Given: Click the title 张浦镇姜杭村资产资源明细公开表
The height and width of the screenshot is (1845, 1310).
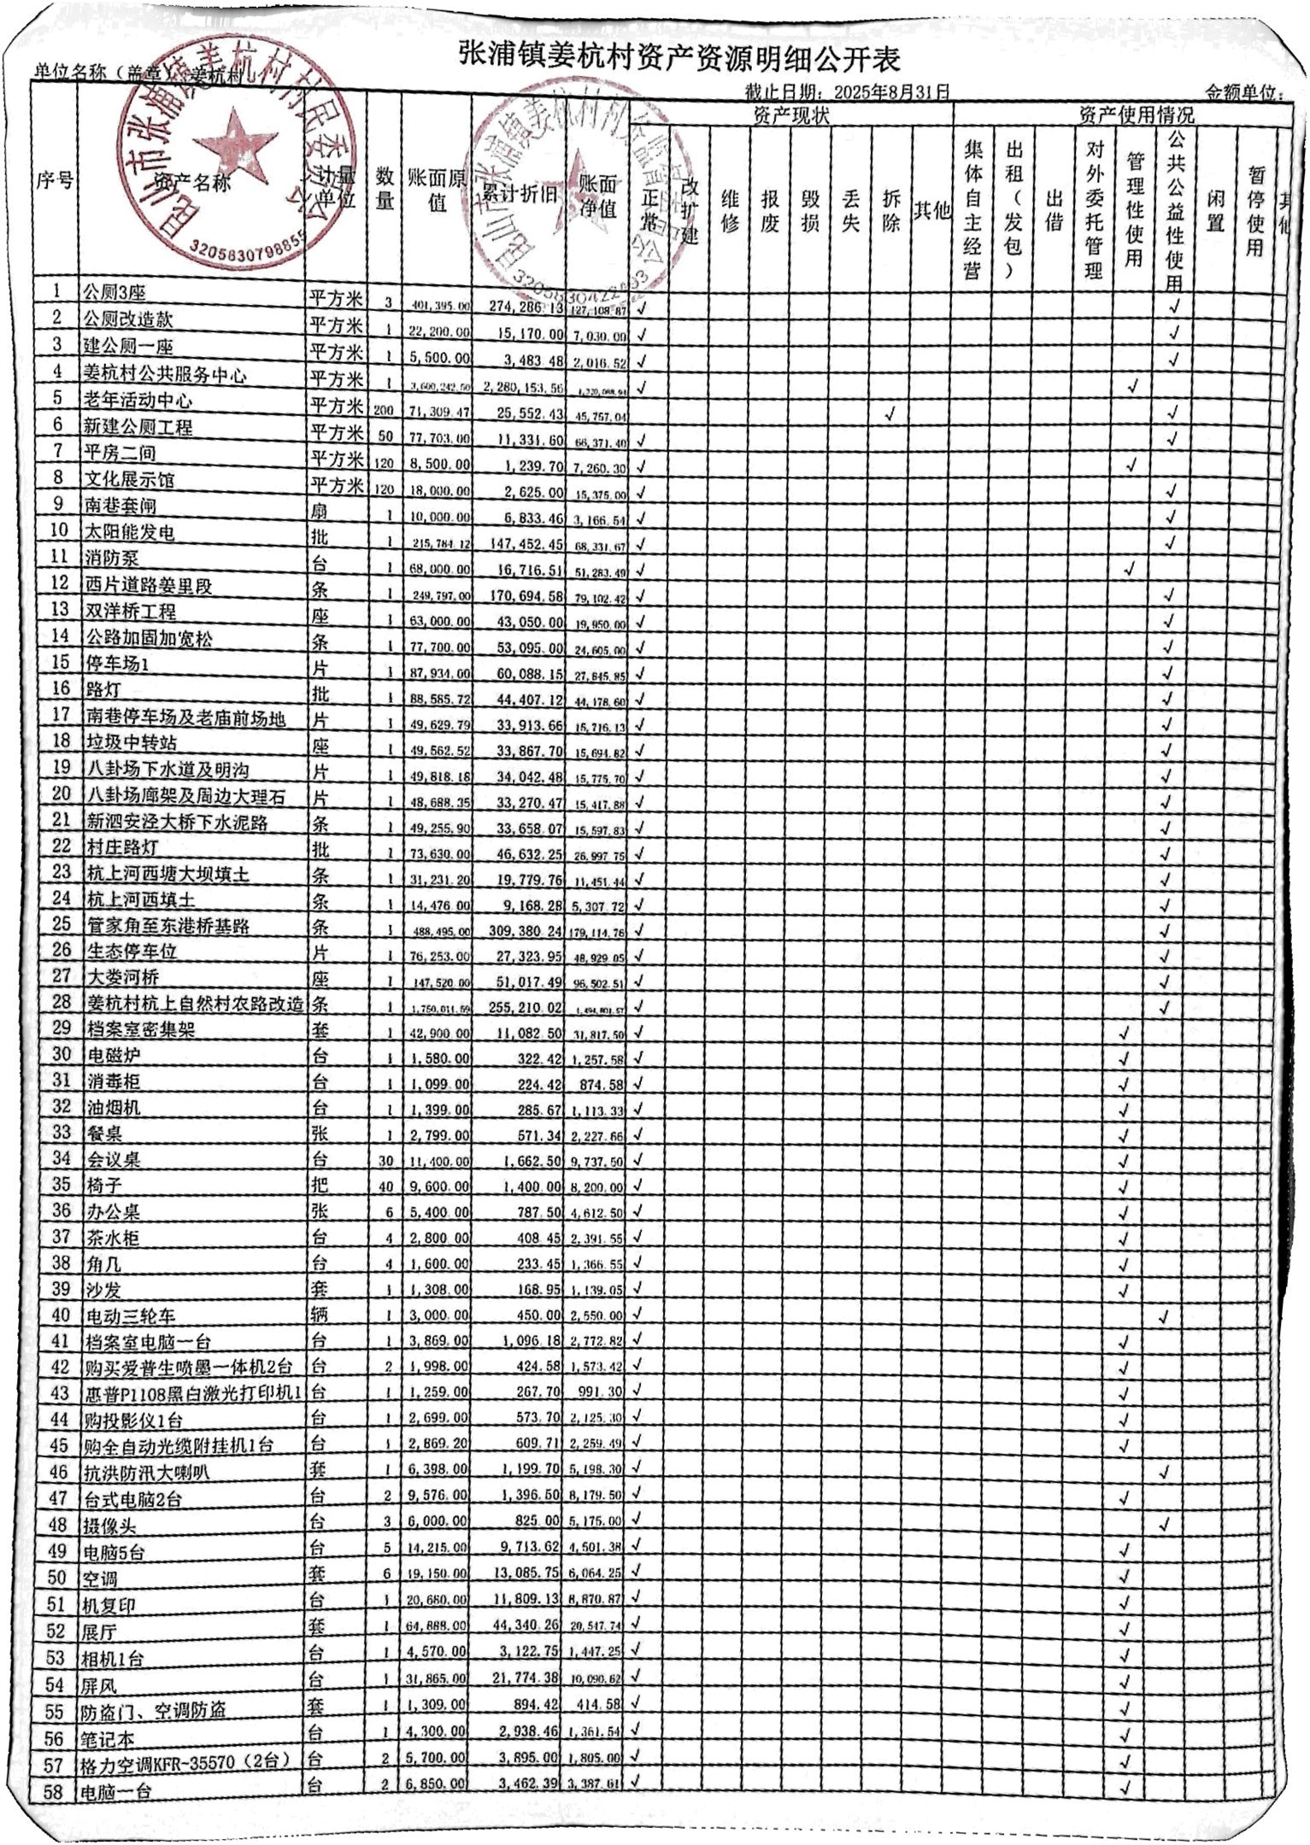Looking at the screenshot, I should [x=678, y=58].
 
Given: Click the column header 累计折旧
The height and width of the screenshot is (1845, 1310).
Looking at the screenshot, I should [x=520, y=194].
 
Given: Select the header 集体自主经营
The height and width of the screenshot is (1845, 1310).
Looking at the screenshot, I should [x=972, y=210].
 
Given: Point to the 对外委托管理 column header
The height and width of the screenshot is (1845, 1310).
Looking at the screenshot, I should [x=1094, y=210].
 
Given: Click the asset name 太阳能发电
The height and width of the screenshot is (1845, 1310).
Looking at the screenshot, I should [x=129, y=532].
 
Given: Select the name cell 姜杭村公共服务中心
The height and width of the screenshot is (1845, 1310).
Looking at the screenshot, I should [x=165, y=374].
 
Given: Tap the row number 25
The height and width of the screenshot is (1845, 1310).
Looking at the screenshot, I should [x=60, y=923].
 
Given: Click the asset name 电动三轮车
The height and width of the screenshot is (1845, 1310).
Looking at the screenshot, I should [x=131, y=1315].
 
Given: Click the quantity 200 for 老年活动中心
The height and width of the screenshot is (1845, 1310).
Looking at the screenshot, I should [x=384, y=411].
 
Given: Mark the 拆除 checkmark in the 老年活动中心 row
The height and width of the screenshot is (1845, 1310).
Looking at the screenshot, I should [x=891, y=414].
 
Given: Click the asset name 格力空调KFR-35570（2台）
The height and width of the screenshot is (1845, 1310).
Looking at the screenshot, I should [x=187, y=1761].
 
